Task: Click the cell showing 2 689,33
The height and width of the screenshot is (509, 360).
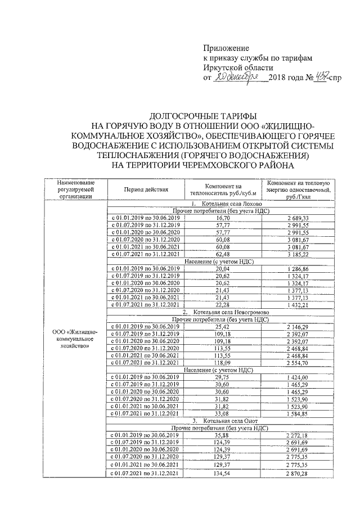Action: pyautogui.click(x=299, y=217)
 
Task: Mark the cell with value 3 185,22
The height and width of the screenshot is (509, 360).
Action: pyautogui.click(x=299, y=254)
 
